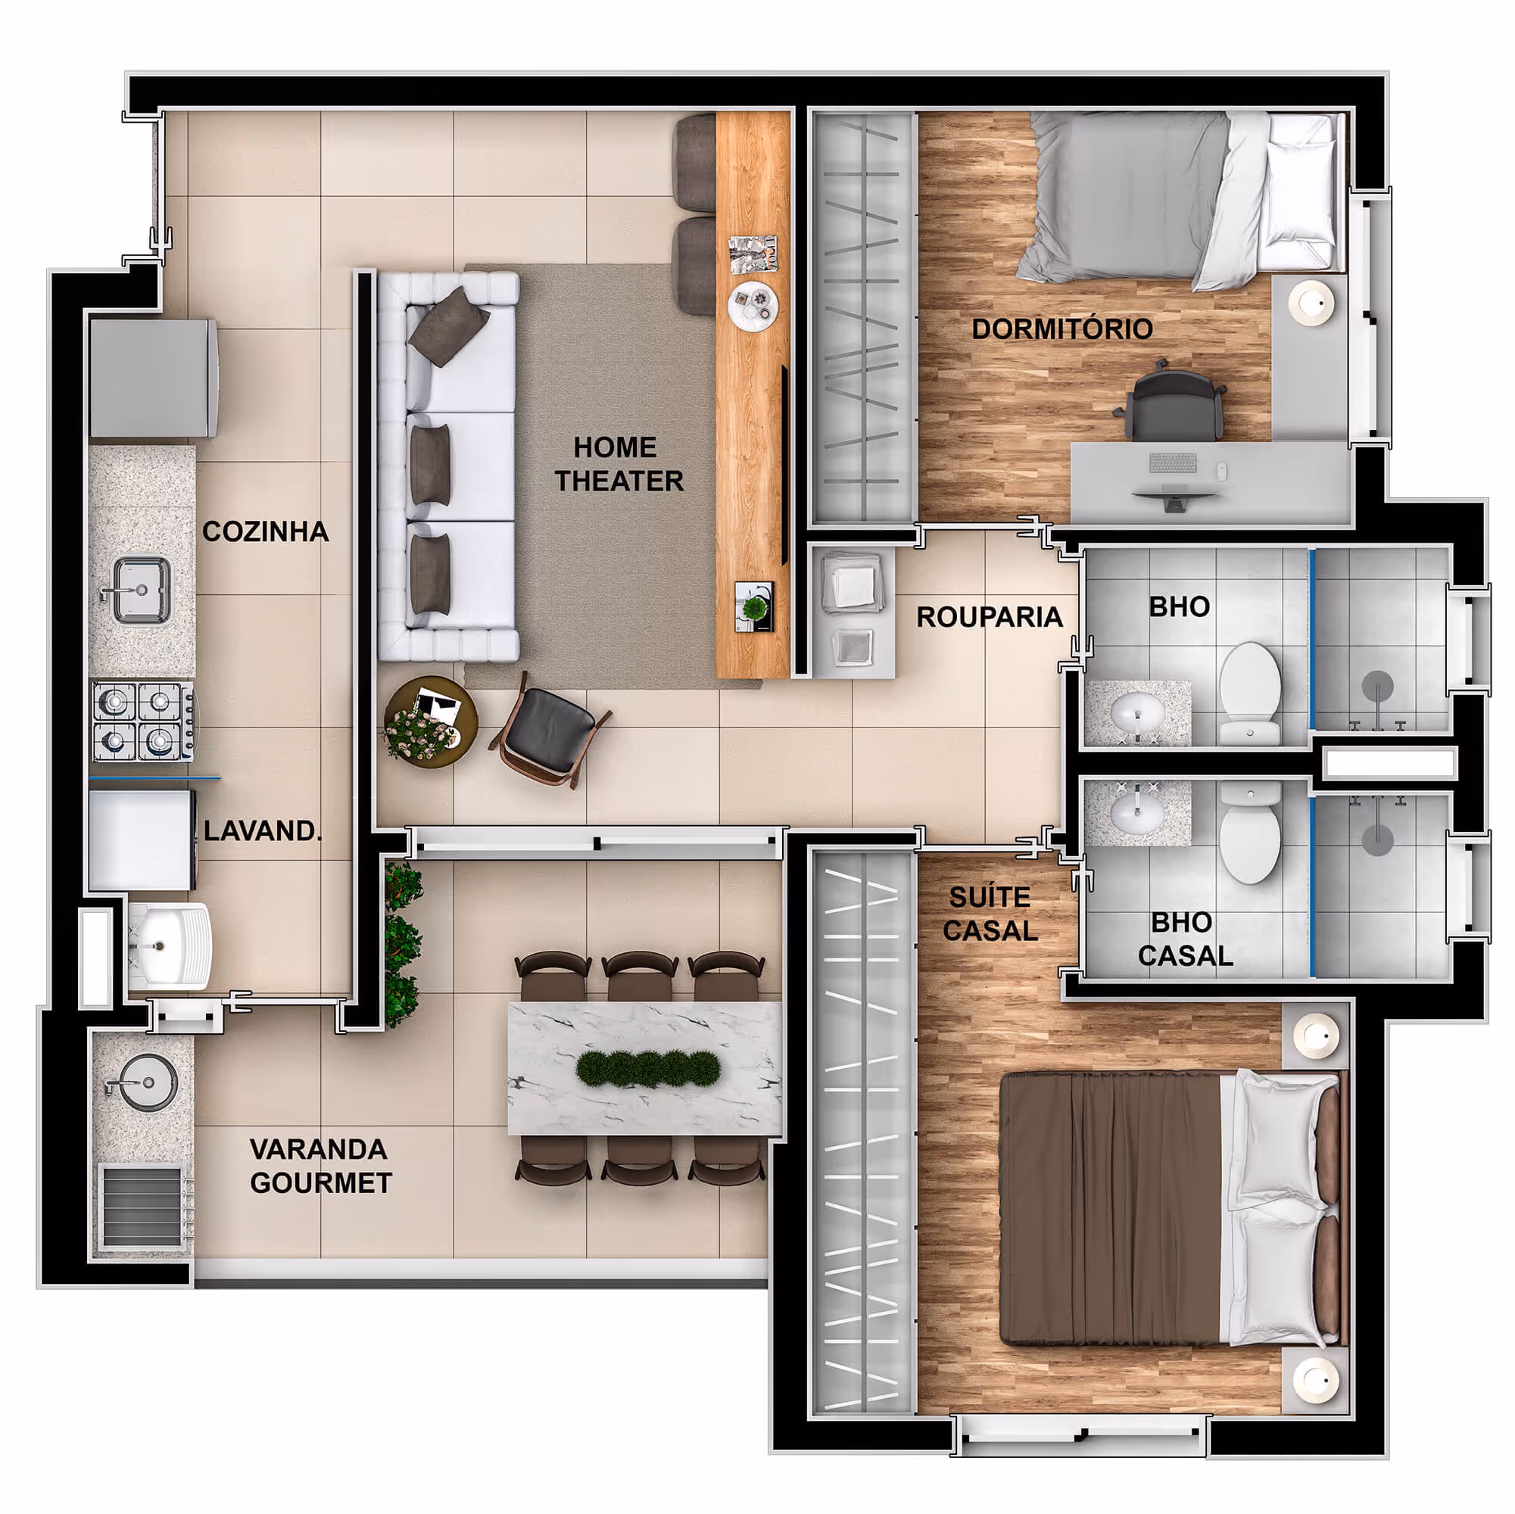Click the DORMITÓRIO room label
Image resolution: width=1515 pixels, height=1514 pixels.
[1061, 329]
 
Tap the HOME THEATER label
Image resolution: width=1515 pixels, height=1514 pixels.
[619, 464]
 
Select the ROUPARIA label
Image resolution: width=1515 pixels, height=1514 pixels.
[990, 617]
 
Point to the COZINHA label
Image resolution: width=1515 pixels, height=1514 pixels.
[265, 531]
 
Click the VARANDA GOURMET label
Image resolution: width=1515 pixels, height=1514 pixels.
[320, 1166]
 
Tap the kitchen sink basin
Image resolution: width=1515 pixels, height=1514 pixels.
[141, 590]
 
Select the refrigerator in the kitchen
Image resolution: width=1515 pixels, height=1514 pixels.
[153, 378]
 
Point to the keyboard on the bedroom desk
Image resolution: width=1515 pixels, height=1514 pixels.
[1173, 463]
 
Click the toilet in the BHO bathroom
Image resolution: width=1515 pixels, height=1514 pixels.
[1250, 693]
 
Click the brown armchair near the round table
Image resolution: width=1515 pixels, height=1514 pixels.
[550, 731]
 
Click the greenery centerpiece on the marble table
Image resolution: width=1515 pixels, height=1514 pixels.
[649, 1069]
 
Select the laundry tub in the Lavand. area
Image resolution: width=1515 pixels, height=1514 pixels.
[170, 945]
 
